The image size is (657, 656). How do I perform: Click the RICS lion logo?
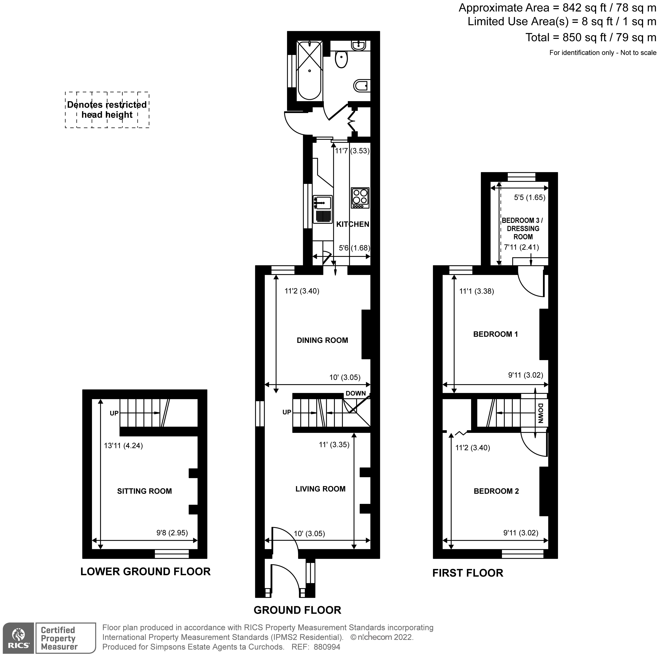18,638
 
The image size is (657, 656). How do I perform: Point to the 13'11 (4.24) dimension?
123,445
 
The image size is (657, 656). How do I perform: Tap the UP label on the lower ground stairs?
114,413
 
